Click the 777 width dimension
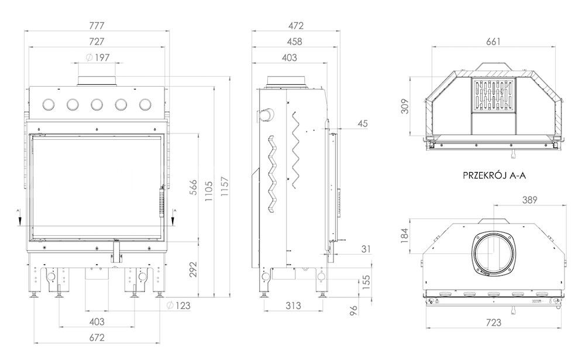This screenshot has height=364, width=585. click(x=97, y=26)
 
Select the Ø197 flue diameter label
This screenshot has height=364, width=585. click(x=97, y=57)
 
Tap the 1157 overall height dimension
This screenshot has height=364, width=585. click(x=225, y=187)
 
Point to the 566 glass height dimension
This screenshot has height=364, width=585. click(x=193, y=187)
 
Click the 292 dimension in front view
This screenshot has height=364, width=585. click(x=193, y=270)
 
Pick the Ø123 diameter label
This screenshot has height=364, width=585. click(x=178, y=305)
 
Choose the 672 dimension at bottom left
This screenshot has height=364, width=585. click(x=97, y=338)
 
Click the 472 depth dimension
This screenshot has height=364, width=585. click(x=296, y=26)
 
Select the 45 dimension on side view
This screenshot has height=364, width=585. click(x=362, y=123)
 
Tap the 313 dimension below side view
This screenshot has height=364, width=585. click(x=293, y=305)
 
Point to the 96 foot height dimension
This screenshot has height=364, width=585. click(x=354, y=310)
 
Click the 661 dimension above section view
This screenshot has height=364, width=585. click(x=493, y=42)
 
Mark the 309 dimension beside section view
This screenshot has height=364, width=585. click(x=405, y=106)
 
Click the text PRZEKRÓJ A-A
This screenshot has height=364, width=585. click(x=494, y=175)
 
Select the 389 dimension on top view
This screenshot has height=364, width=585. click(x=529, y=200)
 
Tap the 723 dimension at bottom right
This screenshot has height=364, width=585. click(x=494, y=322)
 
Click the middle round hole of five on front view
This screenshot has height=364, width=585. click(x=97, y=105)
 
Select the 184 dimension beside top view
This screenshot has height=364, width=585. click(x=405, y=236)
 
